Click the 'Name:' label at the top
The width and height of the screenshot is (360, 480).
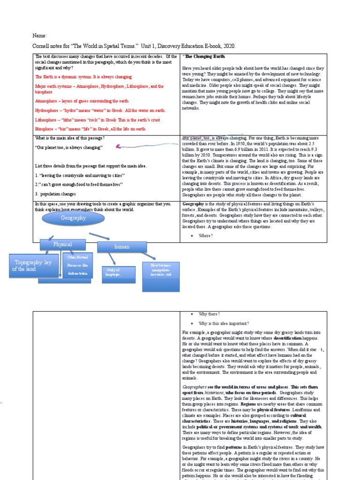(x=40, y=36)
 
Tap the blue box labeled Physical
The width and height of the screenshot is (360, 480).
(x=62, y=244)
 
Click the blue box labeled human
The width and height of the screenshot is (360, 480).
(x=122, y=247)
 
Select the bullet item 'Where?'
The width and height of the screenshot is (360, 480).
(x=206, y=236)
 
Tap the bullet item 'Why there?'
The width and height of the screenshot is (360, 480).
(x=209, y=314)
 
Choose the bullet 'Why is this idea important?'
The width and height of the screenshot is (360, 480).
(x=224, y=323)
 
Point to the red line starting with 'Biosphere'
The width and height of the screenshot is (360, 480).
(x=90, y=129)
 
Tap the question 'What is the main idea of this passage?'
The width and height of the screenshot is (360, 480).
(x=70, y=138)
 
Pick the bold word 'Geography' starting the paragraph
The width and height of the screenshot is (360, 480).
(x=192, y=204)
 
